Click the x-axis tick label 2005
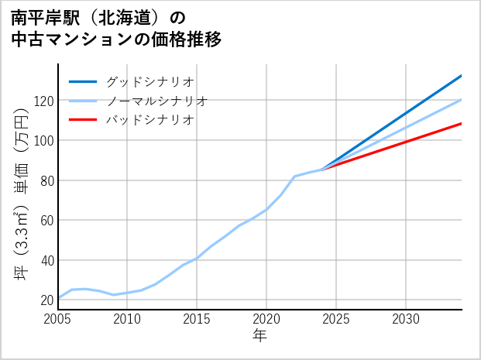[58, 319]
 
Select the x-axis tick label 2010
[127, 319]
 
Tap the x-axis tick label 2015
[197, 319]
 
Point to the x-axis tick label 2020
[266, 319]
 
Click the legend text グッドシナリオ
[149, 81]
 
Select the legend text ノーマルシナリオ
[156, 101]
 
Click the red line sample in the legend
[83, 120]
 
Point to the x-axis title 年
[260, 336]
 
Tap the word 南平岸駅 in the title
[40, 17]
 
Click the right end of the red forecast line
[462, 123]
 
